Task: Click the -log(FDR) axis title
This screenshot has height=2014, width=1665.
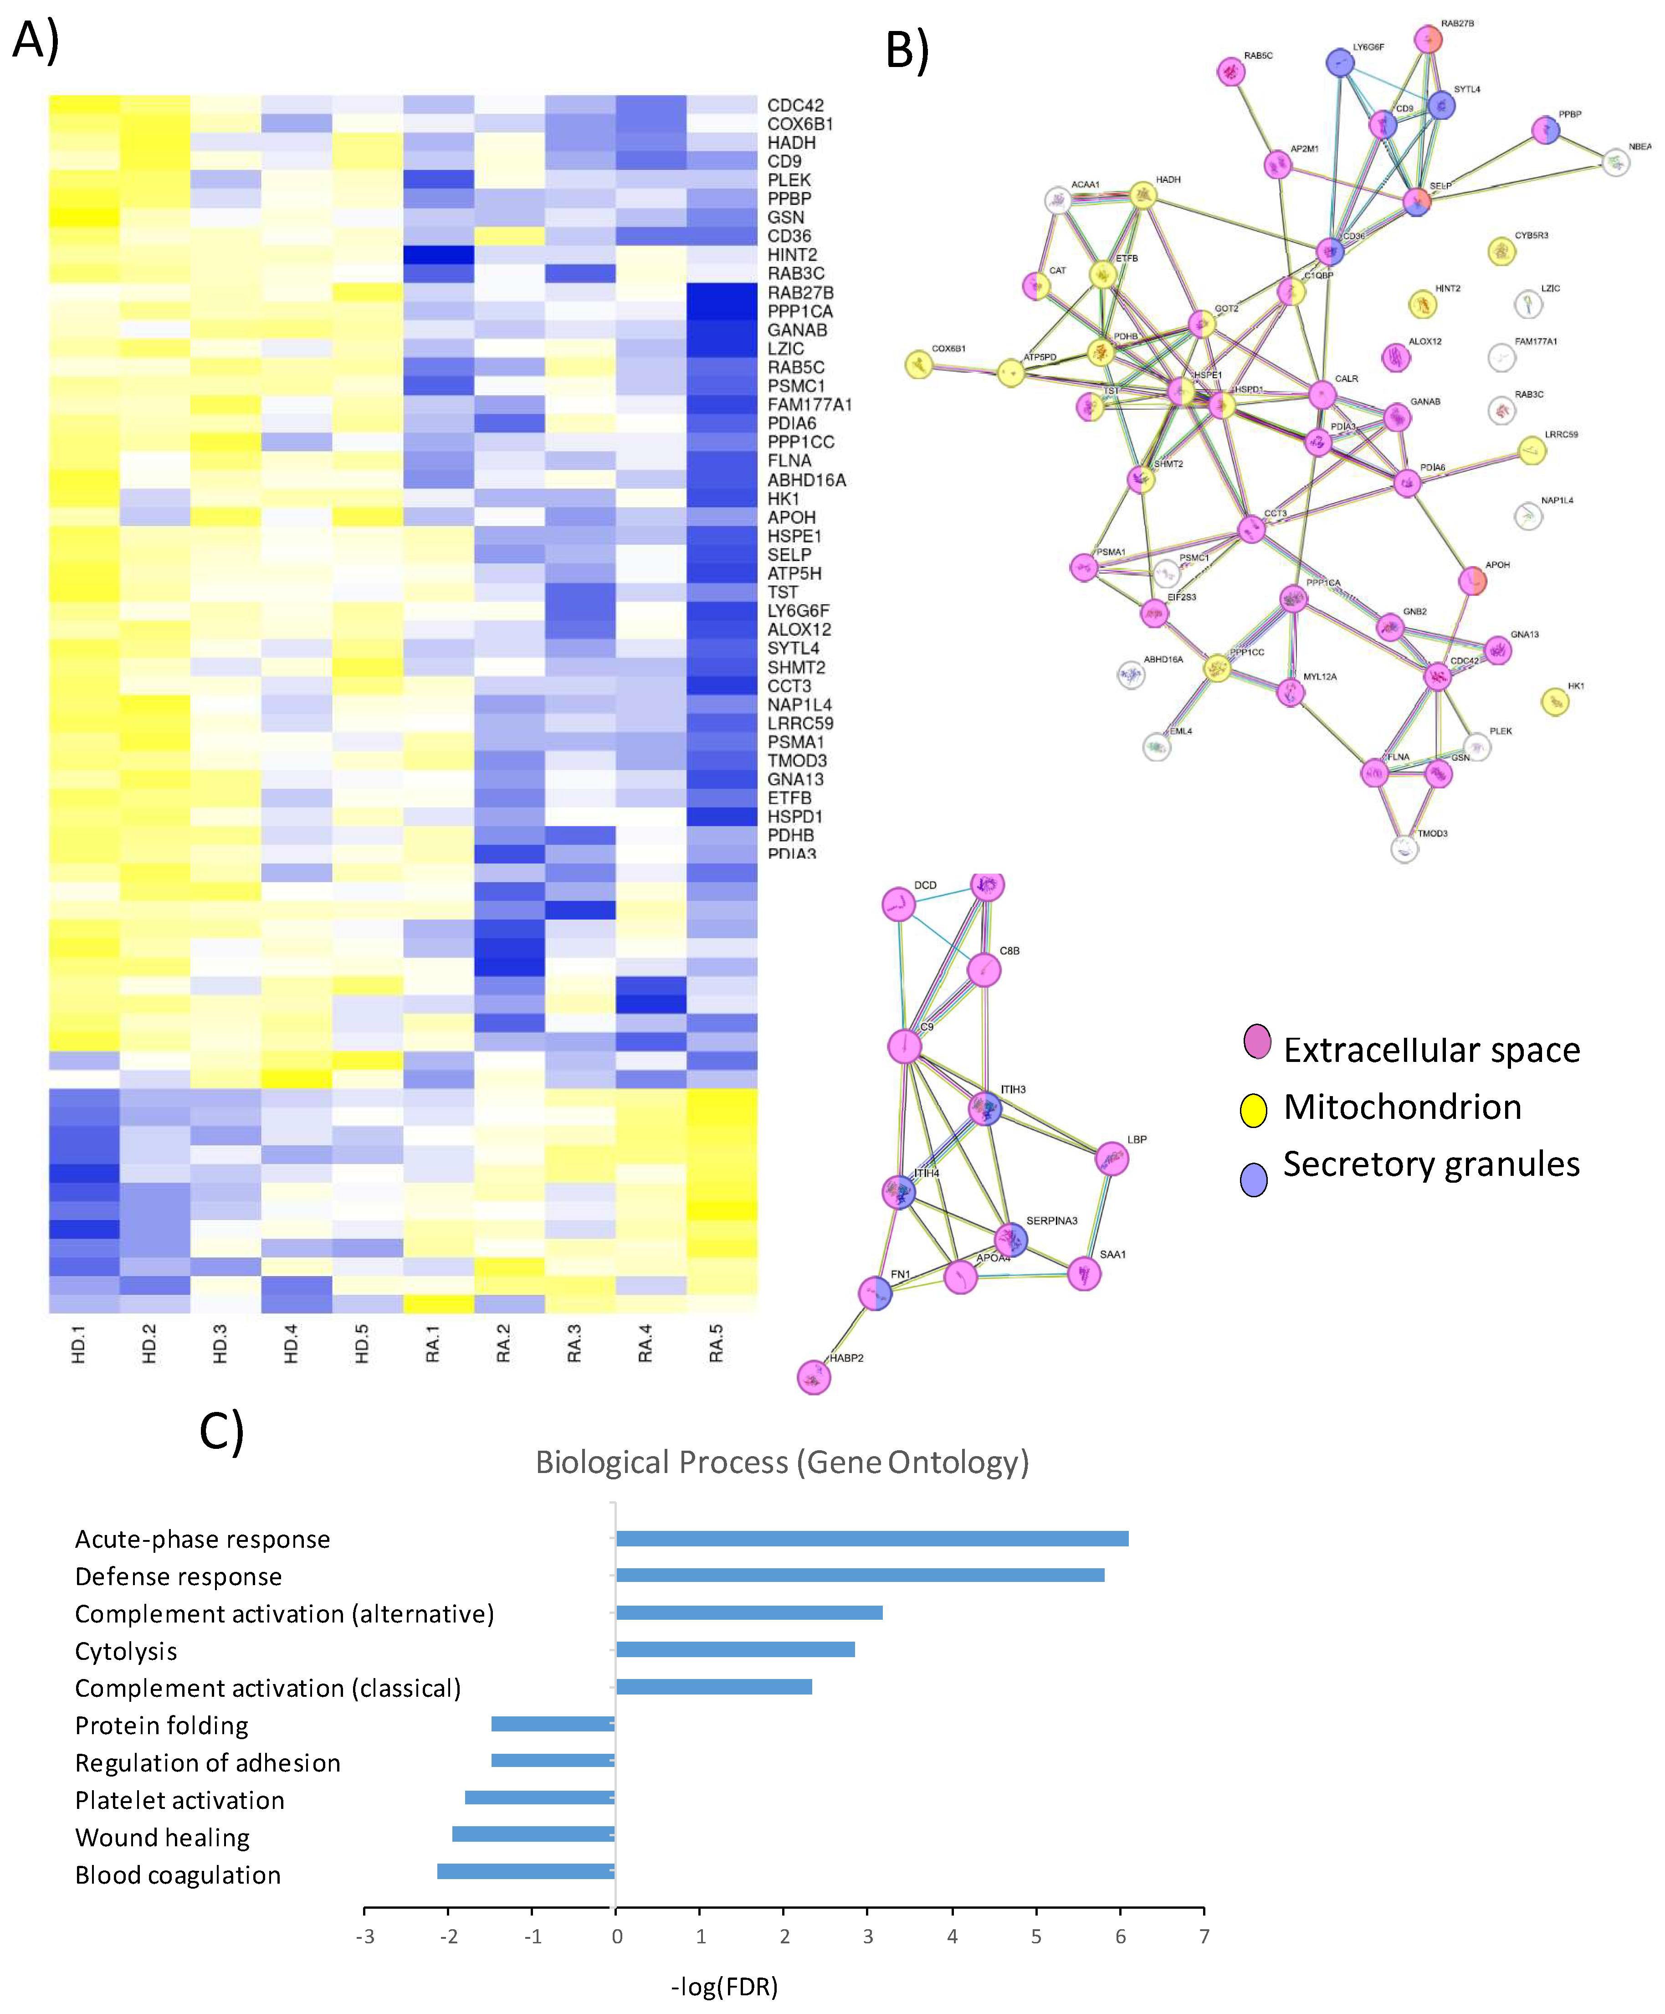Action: click(724, 1986)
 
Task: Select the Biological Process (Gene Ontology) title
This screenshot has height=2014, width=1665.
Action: click(781, 1463)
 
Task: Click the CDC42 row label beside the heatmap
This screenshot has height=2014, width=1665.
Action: click(794, 105)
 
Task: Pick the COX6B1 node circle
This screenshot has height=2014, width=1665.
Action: click(918, 365)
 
